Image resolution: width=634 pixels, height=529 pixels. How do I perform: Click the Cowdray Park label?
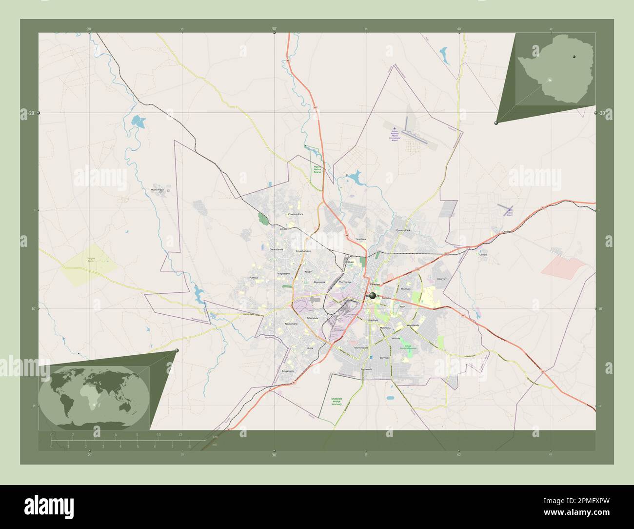coord(296,214)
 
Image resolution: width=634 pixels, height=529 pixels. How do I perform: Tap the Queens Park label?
coord(403,230)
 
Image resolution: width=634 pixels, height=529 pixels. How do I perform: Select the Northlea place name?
coord(360,239)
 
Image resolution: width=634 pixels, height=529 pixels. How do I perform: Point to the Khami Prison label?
coord(158,189)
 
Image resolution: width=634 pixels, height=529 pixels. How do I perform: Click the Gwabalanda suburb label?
coord(276,249)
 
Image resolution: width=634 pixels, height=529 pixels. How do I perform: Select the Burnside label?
coord(385,358)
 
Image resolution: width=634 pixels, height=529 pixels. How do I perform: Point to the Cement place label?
coord(483,255)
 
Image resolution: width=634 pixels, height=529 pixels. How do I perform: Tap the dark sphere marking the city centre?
coord(373,295)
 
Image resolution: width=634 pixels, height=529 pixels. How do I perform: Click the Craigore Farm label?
coord(91,260)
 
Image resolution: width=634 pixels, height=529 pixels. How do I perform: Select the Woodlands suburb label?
coord(413,325)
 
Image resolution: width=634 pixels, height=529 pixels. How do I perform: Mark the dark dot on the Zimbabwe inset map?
coord(575,55)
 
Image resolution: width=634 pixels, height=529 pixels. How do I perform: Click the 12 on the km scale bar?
coord(180,434)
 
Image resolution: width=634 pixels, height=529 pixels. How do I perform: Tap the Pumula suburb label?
coord(253,277)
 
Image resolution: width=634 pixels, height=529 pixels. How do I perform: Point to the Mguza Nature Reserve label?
coord(317,169)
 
